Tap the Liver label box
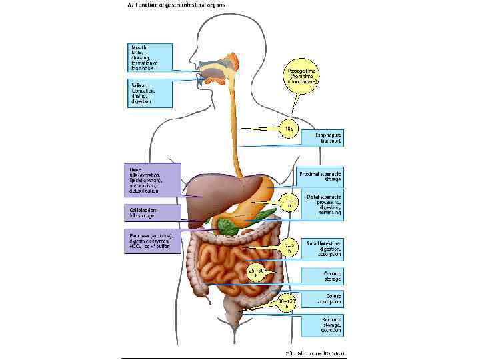point(153,180)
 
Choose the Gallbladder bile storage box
point(153,213)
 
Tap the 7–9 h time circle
point(289,249)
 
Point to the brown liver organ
point(210,190)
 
